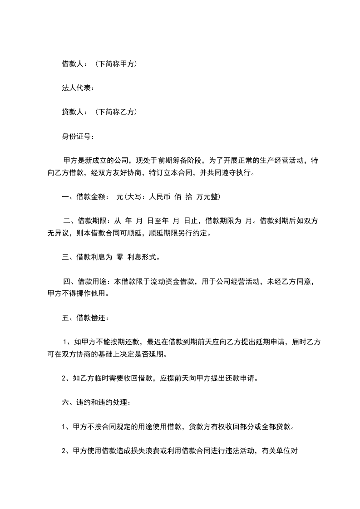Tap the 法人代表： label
(x=78, y=88)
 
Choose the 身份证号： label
(x=78, y=136)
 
